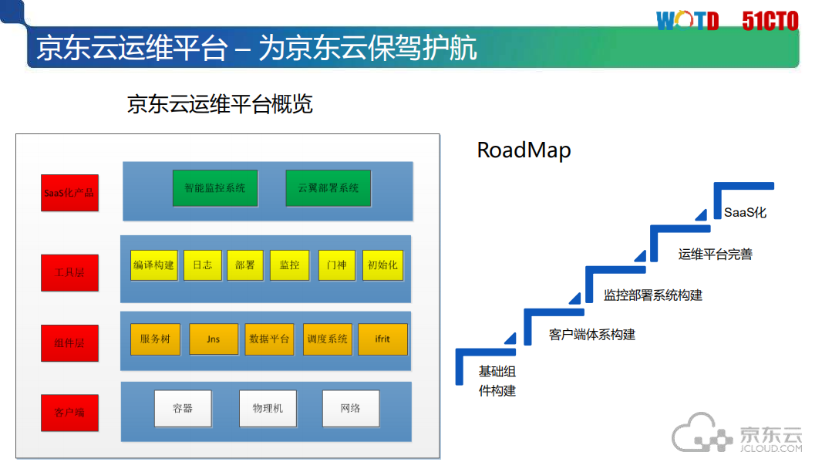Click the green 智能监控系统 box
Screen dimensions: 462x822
pos(215,188)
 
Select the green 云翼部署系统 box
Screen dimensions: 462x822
pos(328,188)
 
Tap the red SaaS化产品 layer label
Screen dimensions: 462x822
pos(69,193)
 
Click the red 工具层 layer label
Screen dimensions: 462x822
pos(69,272)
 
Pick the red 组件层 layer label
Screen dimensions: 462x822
pos(69,343)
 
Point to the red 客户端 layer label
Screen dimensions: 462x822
pos(69,413)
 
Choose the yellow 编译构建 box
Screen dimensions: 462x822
pos(153,265)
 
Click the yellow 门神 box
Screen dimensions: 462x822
pos(337,265)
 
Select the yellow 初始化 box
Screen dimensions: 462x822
pos(383,265)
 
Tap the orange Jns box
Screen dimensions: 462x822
pos(214,339)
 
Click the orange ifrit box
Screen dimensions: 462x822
pos(383,339)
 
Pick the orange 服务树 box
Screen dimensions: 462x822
pos(155,339)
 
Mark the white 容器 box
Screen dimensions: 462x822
pos(183,409)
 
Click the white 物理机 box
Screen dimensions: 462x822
pos(268,409)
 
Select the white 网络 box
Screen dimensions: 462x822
pos(351,409)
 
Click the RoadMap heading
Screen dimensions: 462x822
pos(524,150)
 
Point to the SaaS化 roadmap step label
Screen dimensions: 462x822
pos(745,213)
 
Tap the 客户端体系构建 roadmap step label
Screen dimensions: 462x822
pos(592,335)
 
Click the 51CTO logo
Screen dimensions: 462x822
pos(770,21)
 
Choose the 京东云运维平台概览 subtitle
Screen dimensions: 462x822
pos(220,104)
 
